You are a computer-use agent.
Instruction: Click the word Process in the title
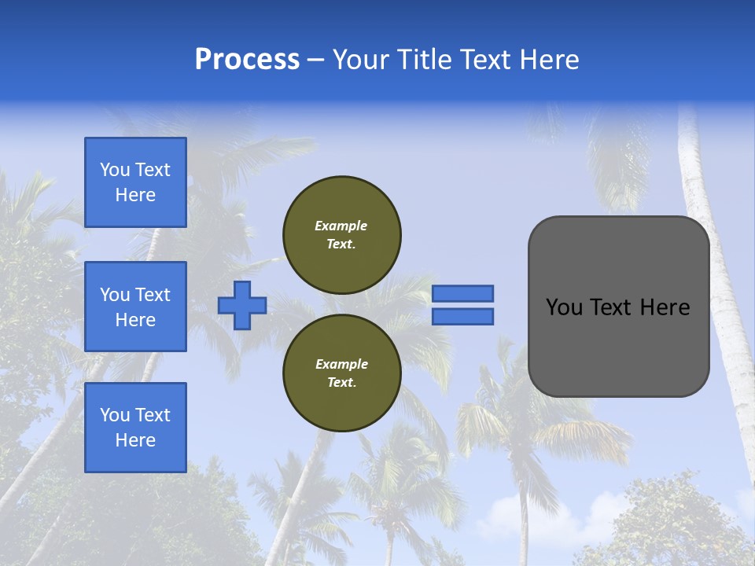(247, 60)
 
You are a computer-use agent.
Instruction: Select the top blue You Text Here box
(135, 182)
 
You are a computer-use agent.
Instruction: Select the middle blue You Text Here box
(135, 307)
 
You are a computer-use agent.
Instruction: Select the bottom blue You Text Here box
(135, 428)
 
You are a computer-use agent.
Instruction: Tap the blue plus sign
(242, 305)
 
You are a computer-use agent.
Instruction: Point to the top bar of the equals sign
(462, 293)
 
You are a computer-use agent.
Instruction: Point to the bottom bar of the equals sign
(462, 316)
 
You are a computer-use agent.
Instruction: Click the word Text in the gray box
(615, 307)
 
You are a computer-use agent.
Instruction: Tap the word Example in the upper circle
(341, 226)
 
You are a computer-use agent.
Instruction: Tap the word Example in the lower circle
(341, 364)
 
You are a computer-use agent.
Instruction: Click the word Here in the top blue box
(135, 195)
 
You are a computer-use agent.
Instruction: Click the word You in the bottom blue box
(115, 415)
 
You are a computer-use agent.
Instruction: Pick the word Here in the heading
(549, 60)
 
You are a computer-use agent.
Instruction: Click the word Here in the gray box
(665, 307)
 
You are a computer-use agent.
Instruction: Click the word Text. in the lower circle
(341, 382)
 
